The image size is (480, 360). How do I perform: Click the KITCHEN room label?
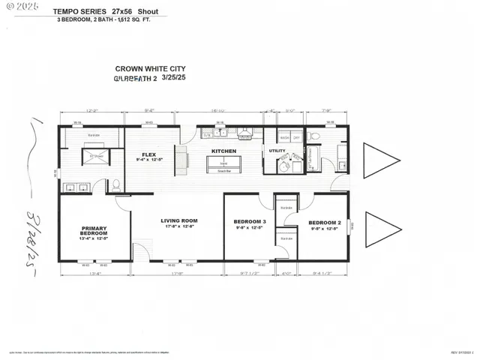[223, 151]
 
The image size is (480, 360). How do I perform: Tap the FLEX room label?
[148, 153]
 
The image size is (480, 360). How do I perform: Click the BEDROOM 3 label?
[250, 222]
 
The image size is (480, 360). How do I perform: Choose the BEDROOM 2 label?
[325, 223]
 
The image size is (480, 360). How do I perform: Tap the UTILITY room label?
[277, 151]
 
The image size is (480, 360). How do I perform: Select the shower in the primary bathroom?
[97, 157]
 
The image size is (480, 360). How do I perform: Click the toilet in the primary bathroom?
[116, 184]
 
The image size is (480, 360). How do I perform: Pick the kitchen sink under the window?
[220, 133]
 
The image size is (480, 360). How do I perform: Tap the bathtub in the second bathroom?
[313, 157]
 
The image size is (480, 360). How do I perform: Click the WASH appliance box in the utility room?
[286, 138]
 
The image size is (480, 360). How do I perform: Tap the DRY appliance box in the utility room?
[297, 138]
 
